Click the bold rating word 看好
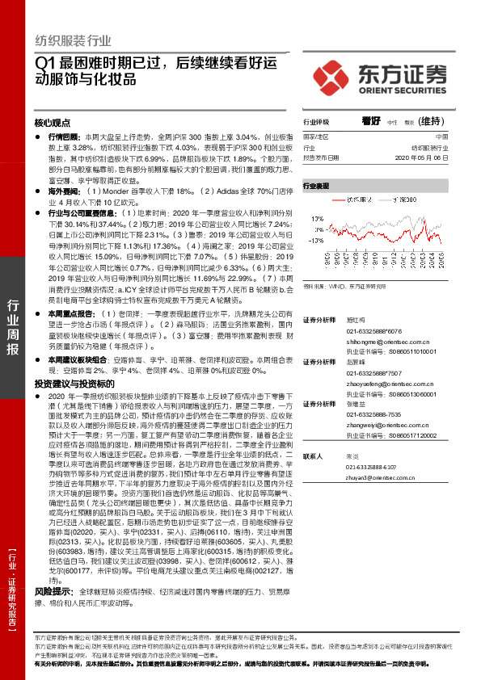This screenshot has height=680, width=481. click(370, 120)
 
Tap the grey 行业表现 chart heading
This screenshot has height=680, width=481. click(317, 186)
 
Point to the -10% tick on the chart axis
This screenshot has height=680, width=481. click(311, 239)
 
